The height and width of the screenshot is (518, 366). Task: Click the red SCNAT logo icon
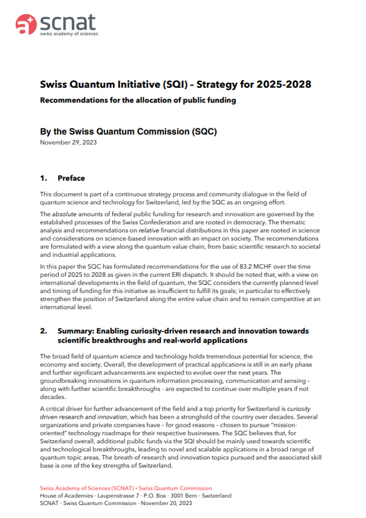[x=25, y=25]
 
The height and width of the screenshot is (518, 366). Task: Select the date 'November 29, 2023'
[x=68, y=143]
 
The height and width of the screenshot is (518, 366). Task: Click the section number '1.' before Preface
[x=44, y=178]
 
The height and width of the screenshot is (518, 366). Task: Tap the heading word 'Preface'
[x=71, y=178]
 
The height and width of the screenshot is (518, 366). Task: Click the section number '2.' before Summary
[x=44, y=331]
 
